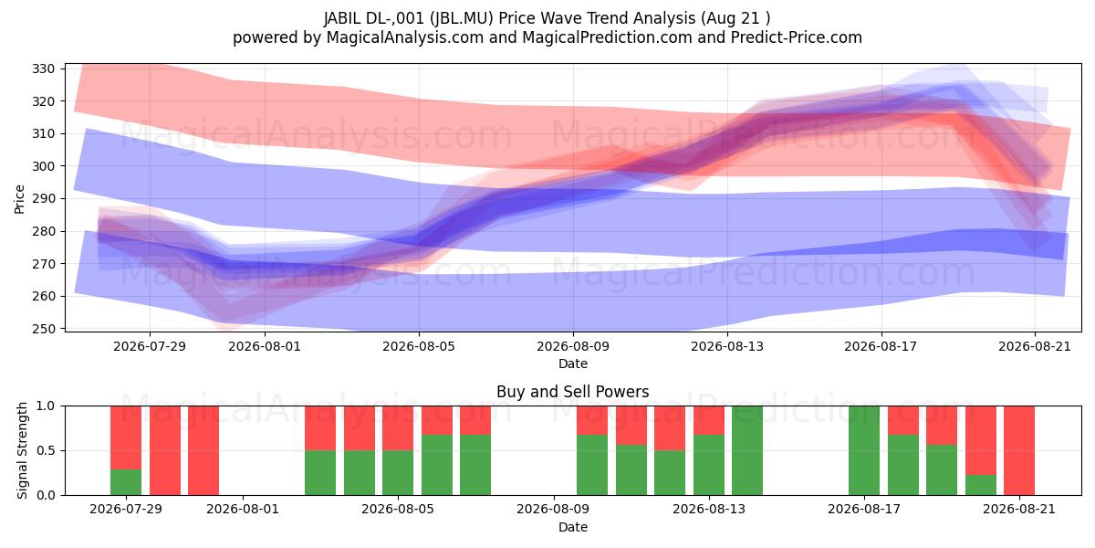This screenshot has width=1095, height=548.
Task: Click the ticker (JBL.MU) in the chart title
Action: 462,18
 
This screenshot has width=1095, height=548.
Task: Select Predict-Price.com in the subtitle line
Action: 797,37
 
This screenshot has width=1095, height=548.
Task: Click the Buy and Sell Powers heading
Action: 572,392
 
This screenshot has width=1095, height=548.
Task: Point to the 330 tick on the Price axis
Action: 43,68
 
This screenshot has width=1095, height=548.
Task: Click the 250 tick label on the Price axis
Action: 43,329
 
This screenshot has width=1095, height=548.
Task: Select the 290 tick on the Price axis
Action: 43,199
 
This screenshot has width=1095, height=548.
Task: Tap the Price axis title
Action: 19,199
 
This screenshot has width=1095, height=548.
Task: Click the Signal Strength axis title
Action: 22,450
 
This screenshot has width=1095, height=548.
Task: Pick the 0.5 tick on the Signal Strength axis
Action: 46,450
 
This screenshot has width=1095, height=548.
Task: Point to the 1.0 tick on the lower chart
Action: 46,406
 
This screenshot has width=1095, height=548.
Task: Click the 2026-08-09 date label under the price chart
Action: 573,346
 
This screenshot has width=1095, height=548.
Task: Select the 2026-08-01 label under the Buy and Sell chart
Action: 243,509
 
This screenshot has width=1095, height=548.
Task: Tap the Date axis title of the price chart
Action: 573,364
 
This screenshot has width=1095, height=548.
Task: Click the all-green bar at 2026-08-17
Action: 864,450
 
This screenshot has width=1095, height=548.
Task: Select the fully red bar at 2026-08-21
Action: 1019,450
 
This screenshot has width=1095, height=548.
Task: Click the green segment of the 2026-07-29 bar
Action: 126,482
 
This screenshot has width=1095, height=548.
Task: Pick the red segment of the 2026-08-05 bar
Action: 398,428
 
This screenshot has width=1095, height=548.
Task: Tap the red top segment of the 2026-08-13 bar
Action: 709,420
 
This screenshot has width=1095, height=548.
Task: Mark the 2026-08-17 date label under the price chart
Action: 881,346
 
